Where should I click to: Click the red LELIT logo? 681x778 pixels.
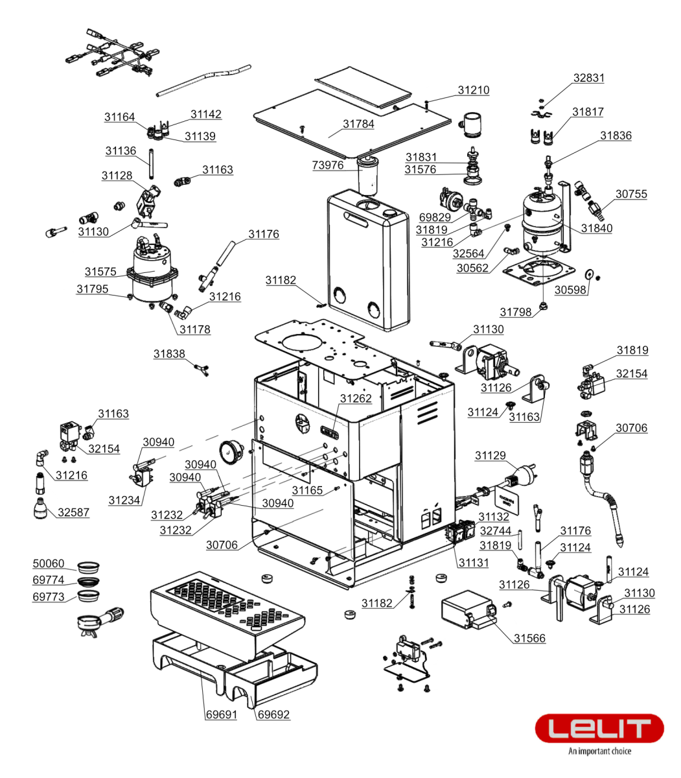(599, 729)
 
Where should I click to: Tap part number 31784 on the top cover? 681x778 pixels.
(358, 124)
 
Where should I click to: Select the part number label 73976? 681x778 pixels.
(328, 165)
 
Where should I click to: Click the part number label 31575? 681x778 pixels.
(100, 272)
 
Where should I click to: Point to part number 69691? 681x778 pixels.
(222, 714)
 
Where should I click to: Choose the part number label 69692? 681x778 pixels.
(273, 714)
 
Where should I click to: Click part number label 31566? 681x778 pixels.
(529, 638)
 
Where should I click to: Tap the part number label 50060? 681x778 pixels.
(49, 564)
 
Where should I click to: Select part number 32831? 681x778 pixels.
(588, 78)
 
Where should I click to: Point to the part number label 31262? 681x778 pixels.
(356, 398)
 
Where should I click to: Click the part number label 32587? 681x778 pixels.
(73, 512)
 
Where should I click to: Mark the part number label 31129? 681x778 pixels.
(491, 456)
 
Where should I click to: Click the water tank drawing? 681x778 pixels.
(367, 259)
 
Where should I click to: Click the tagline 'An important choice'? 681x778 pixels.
(599, 751)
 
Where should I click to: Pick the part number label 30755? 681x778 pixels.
(630, 194)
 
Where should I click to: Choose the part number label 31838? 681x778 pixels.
(169, 354)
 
